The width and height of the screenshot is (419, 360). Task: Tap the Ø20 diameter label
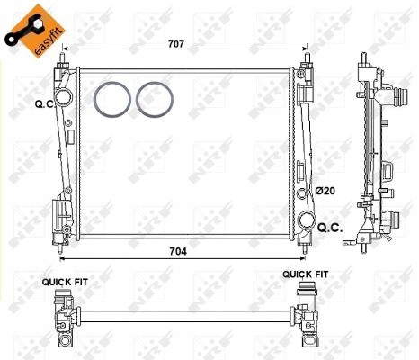tap(325, 191)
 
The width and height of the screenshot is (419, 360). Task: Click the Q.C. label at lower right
tap(330, 228)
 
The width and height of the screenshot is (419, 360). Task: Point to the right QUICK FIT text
tap(306, 274)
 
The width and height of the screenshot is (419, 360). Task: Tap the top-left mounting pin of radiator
tap(63, 62)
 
